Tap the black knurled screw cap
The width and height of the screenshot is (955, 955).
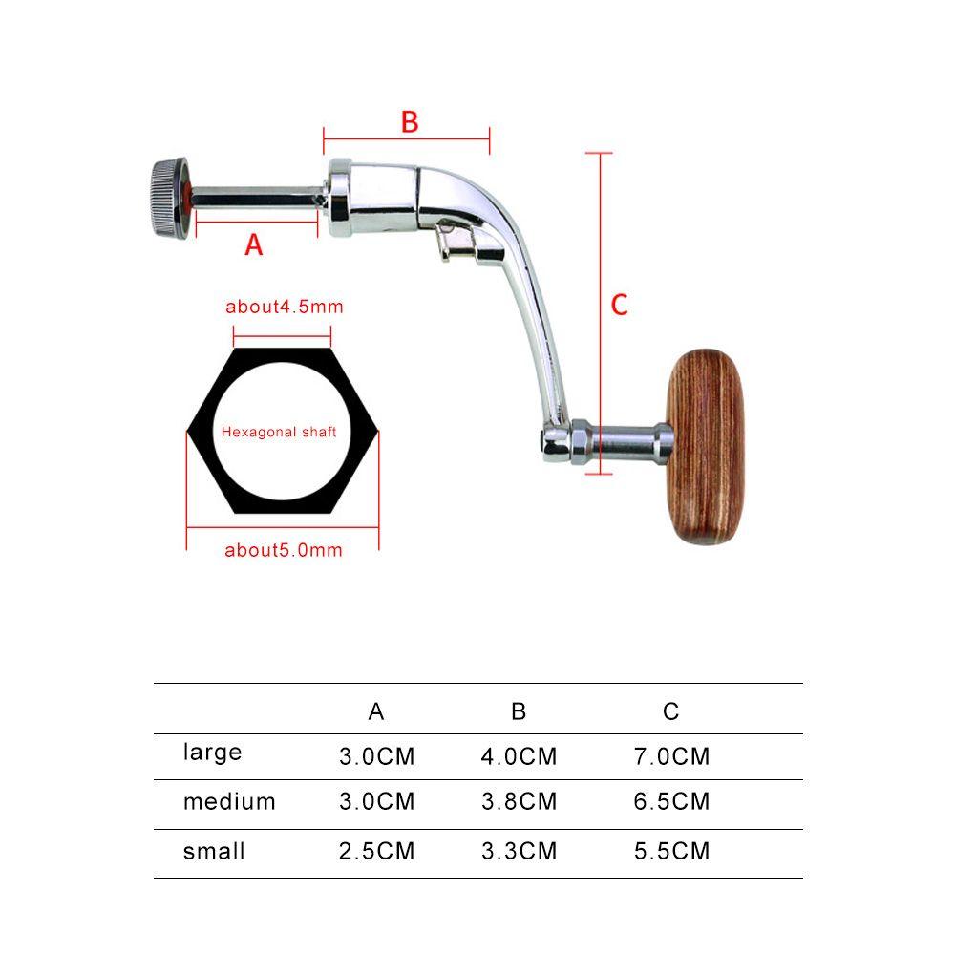[x=163, y=199]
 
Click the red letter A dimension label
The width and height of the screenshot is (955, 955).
[x=253, y=244]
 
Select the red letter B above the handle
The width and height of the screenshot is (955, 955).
[x=409, y=122]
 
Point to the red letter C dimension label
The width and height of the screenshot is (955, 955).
[x=619, y=305]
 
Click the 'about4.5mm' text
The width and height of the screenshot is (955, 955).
[x=284, y=307]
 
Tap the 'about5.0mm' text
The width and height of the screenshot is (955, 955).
[x=283, y=550]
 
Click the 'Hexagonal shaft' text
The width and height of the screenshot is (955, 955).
[x=279, y=432]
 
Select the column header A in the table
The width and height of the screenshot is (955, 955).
[x=376, y=711]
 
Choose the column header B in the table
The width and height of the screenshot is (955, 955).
[x=519, y=711]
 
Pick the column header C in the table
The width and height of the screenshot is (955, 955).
[x=670, y=711]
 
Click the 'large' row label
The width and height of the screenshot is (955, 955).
[x=212, y=753]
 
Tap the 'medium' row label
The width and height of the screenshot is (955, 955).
[x=229, y=802]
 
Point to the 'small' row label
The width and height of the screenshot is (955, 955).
[x=214, y=851]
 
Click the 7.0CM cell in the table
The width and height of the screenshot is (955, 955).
[x=671, y=757]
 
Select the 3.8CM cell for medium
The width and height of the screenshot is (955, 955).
[x=519, y=802]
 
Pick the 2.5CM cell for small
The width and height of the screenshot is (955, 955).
[x=376, y=851]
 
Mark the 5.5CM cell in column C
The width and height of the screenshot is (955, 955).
[x=671, y=851]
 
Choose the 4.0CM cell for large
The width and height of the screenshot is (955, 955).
[x=519, y=757]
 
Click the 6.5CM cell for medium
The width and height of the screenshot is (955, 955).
[x=671, y=802]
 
